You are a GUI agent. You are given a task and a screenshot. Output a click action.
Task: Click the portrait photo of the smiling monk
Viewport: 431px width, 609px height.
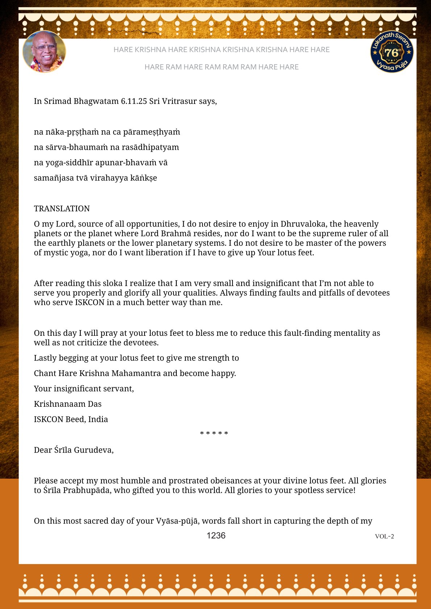point(44,52)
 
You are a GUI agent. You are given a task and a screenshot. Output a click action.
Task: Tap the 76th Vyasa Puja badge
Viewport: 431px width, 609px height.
point(392,52)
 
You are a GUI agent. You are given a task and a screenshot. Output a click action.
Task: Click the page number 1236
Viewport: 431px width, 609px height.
point(216,536)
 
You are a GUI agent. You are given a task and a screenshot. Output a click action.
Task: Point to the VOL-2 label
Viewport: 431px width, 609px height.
point(384,536)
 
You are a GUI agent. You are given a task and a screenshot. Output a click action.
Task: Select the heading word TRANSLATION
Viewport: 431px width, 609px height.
point(62,209)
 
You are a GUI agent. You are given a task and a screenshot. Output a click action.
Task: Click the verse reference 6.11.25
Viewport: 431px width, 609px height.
point(134,101)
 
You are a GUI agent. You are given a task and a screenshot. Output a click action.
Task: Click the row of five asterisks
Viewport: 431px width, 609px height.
point(214,434)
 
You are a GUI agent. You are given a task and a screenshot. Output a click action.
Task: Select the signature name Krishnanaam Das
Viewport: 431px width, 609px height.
point(68,404)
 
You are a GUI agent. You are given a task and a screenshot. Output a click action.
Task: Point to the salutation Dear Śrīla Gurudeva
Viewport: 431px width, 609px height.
point(74,450)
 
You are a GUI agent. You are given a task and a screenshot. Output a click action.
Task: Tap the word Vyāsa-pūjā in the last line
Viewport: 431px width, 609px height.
point(177,521)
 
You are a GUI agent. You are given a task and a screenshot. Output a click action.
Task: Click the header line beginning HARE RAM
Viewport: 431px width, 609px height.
point(221,67)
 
